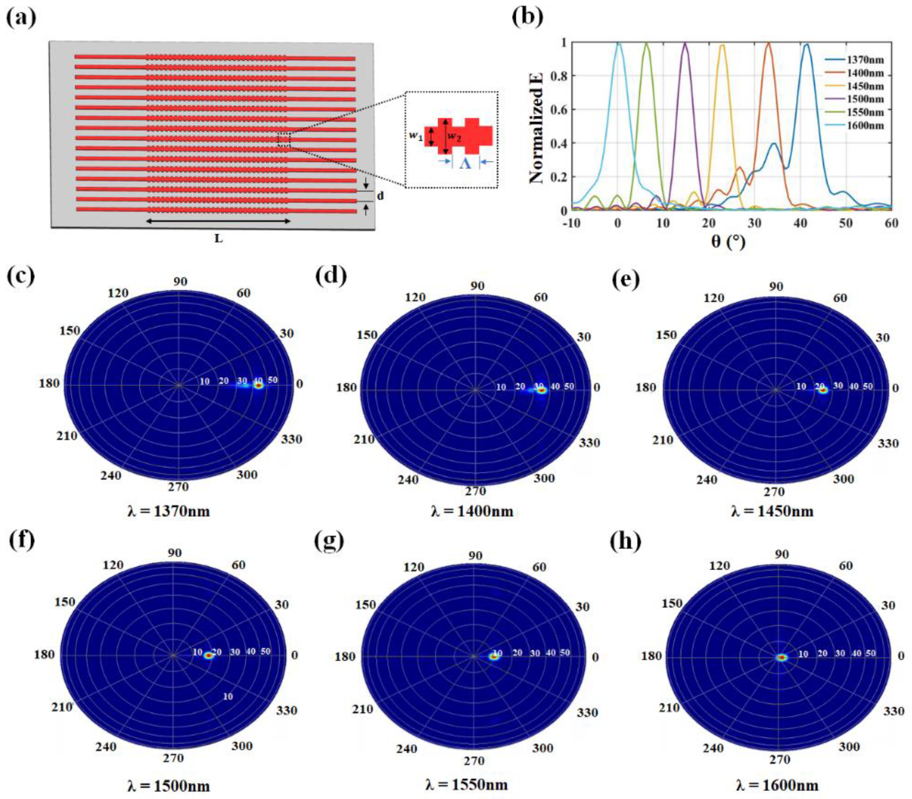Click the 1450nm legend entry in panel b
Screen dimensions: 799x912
(865, 86)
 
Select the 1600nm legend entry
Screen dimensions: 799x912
(865, 125)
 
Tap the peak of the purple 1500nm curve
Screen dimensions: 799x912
(685, 44)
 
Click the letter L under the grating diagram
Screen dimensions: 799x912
(218, 238)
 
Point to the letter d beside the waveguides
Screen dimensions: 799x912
(380, 196)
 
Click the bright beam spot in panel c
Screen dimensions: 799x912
(259, 386)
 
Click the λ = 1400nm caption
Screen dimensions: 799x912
(472, 510)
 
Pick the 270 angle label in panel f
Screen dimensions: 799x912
(173, 758)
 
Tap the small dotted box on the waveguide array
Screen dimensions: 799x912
(284, 140)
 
